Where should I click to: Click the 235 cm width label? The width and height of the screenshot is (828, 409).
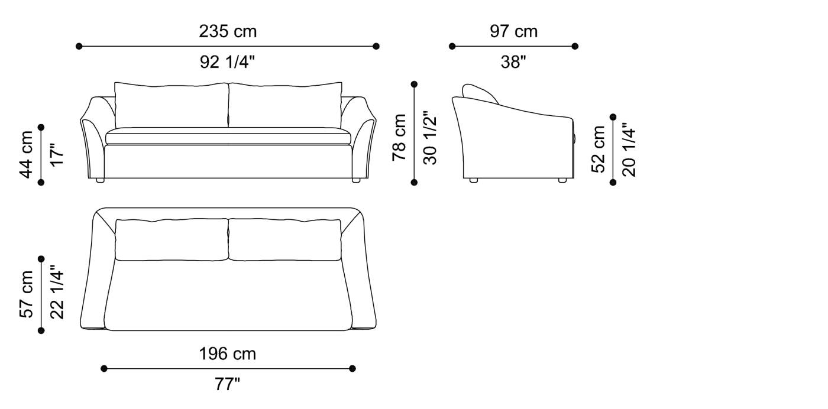(228, 31)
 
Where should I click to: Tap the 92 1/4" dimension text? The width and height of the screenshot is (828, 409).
(228, 62)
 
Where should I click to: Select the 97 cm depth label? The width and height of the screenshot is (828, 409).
(513, 31)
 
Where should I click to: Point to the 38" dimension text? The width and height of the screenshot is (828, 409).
(513, 62)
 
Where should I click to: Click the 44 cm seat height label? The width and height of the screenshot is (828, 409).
(26, 154)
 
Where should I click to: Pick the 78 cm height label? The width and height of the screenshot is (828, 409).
(400, 137)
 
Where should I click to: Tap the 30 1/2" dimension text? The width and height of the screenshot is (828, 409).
(430, 137)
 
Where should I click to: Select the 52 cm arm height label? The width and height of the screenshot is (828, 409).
(599, 149)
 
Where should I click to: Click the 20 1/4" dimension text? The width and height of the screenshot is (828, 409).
(629, 149)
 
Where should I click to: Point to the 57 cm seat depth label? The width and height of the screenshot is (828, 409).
(26, 294)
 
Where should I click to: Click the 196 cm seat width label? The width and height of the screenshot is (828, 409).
(228, 354)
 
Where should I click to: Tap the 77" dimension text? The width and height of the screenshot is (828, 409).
(228, 385)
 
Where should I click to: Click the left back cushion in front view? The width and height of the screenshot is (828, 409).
(172, 105)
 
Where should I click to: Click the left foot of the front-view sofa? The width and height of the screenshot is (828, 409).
(100, 179)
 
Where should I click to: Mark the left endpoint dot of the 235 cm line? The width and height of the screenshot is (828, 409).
(79, 46)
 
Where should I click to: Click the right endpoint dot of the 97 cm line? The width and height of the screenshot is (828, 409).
(575, 46)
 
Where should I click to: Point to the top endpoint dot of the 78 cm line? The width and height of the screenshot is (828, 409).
(414, 85)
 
